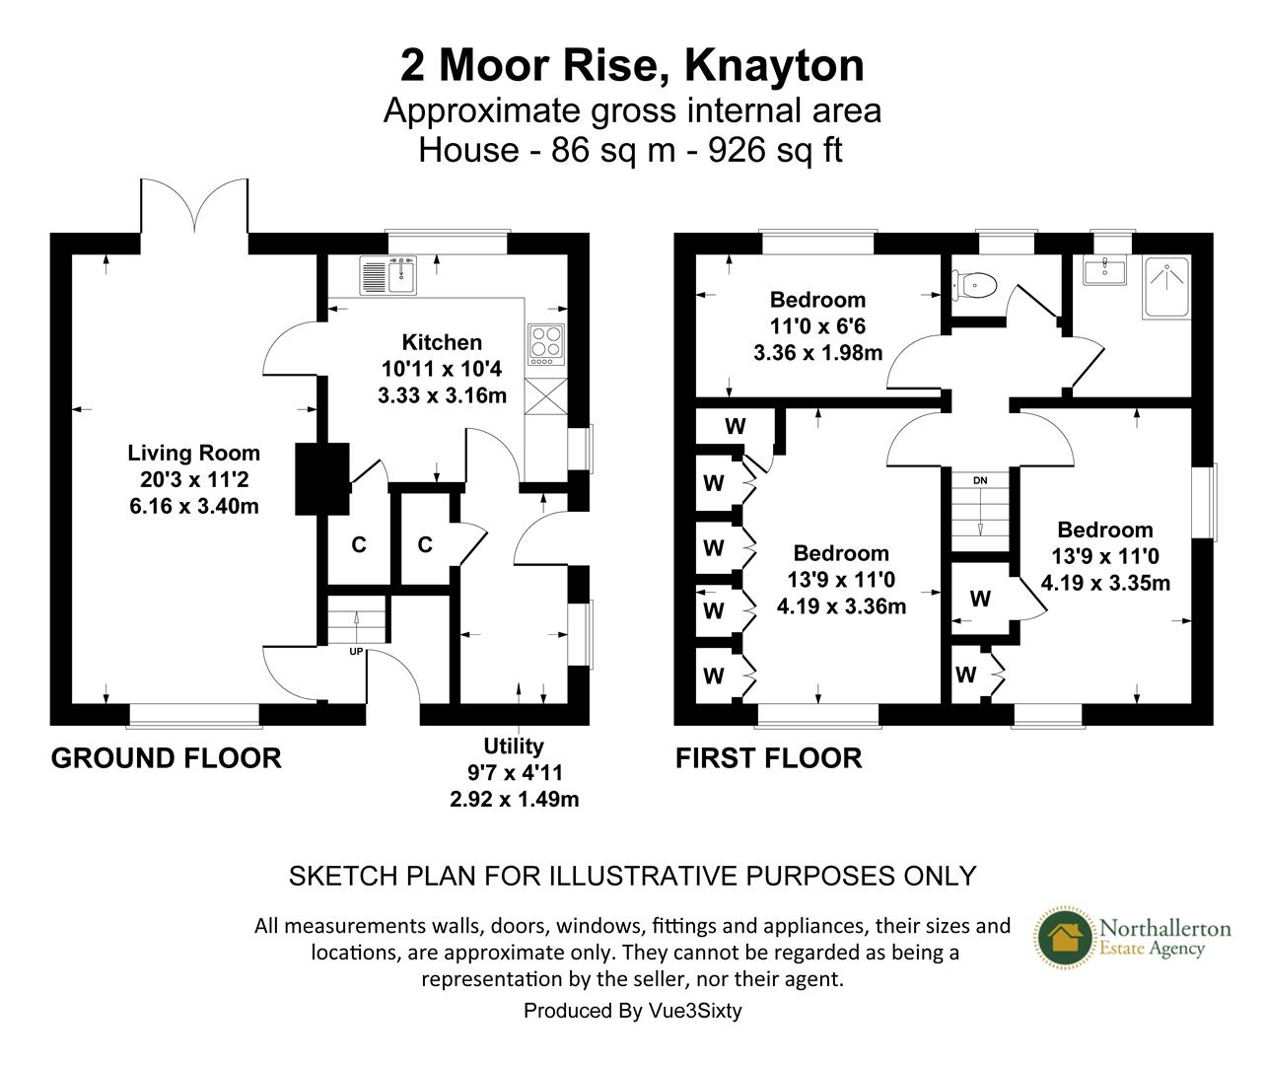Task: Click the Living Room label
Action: click(193, 454)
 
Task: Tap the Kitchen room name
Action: click(442, 343)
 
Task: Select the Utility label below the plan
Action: click(513, 746)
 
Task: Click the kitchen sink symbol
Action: click(390, 275)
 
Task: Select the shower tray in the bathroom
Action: click(1167, 285)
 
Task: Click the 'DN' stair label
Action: click(979, 480)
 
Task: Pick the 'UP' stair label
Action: click(356, 651)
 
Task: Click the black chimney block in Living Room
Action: click(322, 478)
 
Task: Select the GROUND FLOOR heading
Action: click(166, 758)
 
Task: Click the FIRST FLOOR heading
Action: click(768, 758)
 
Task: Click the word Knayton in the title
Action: click(774, 66)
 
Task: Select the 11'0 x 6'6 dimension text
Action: click(817, 326)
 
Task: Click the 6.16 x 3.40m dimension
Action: click(193, 506)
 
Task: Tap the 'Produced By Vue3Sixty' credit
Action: click(632, 1011)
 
